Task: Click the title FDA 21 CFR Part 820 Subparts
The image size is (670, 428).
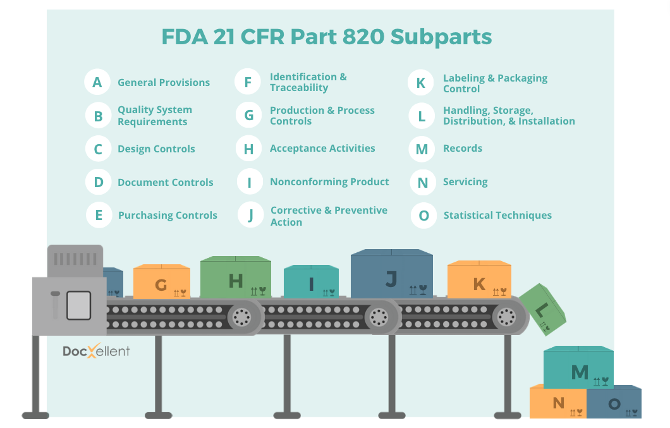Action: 326,37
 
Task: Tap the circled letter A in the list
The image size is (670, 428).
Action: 97,82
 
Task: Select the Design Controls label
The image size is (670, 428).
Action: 156,149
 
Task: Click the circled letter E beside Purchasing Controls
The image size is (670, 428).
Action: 99,215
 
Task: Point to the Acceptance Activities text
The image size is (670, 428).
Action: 322,149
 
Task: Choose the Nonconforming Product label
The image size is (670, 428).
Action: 329,182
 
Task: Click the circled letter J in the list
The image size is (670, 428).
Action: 250,216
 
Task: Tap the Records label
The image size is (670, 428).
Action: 463,149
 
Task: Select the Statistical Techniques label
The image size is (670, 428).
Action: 497,216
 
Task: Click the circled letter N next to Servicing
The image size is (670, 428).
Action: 423,183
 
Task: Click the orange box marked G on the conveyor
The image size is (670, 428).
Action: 162,283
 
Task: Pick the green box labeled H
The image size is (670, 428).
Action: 236,278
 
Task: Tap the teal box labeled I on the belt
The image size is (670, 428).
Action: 311,283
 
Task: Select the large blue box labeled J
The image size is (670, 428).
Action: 392,275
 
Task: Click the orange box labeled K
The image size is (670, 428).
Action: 479,281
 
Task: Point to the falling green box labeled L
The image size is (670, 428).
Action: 542,309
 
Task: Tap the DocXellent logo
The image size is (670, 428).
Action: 96,352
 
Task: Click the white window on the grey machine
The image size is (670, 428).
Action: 79,305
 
